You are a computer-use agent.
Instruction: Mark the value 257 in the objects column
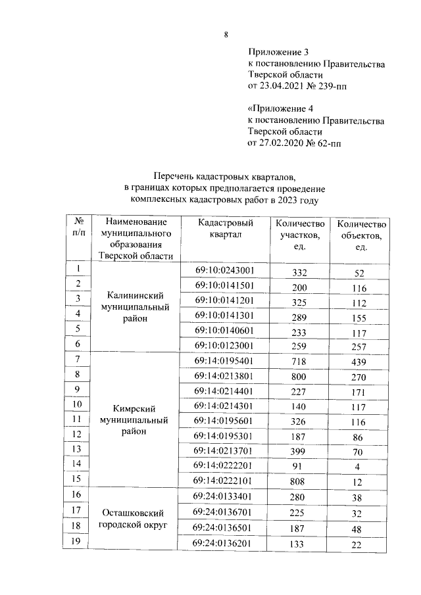click(360, 345)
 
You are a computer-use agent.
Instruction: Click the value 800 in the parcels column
click(300, 375)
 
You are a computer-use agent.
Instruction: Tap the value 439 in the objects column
click(360, 361)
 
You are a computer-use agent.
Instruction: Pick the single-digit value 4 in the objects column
click(360, 465)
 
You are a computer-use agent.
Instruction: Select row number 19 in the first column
click(77, 540)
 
